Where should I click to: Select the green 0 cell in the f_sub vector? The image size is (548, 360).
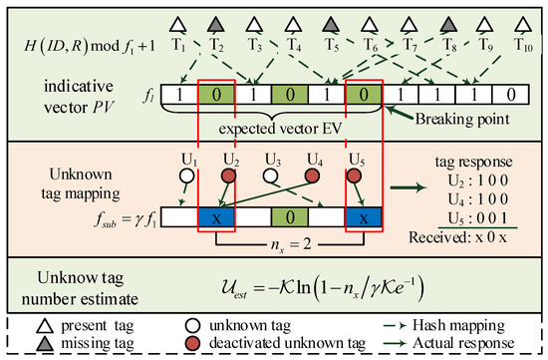pos(288,215)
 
